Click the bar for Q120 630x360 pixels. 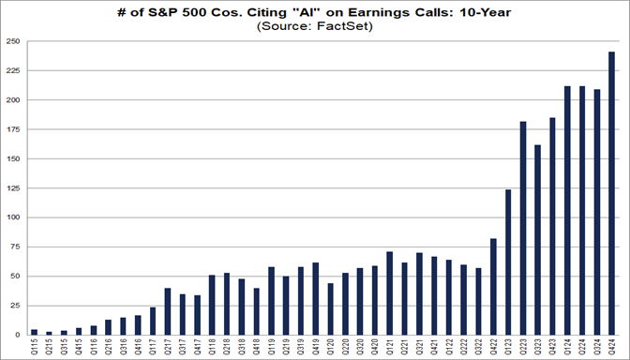[329, 309]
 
